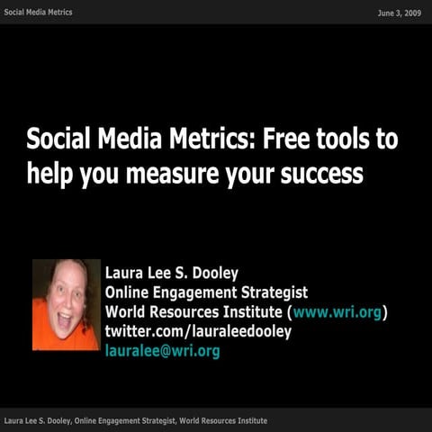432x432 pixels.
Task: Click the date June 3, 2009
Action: click(x=400, y=12)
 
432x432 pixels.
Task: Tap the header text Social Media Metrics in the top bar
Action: click(x=38, y=12)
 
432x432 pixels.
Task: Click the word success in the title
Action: click(x=319, y=173)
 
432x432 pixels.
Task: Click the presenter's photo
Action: click(x=66, y=304)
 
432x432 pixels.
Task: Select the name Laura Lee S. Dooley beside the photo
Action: click(x=172, y=274)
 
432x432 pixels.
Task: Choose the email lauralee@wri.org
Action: click(x=162, y=350)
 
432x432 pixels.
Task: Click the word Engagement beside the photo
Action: click(x=195, y=292)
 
